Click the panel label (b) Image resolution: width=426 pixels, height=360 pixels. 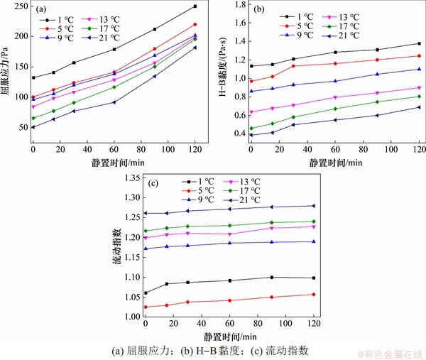click(259, 10)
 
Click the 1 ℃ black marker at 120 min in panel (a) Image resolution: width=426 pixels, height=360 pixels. click(195, 6)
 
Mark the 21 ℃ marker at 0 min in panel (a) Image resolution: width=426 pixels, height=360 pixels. click(33, 127)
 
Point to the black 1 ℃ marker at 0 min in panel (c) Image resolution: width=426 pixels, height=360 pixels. click(146, 293)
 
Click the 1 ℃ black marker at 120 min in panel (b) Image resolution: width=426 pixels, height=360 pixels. click(419, 44)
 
